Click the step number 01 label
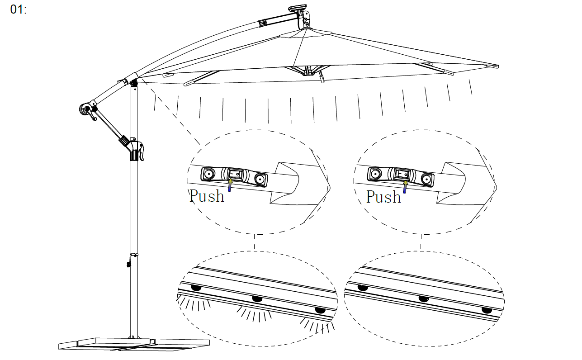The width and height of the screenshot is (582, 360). [18, 9]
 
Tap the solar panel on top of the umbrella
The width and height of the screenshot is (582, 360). [298, 8]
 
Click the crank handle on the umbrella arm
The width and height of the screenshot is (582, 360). [89, 112]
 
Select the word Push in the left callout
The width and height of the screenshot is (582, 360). [207, 196]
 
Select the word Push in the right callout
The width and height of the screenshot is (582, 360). [384, 197]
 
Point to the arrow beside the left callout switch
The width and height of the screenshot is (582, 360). [230, 185]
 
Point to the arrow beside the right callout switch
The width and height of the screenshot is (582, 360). [405, 187]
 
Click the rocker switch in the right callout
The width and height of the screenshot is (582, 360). [402, 174]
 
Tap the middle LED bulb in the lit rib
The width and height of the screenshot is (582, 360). [257, 299]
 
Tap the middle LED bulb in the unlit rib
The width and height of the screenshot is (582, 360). [424, 299]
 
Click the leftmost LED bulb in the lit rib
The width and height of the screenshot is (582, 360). [196, 288]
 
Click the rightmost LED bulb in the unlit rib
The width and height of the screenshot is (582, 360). [487, 310]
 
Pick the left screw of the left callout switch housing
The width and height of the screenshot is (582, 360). [208, 173]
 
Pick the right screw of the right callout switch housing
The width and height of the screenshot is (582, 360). [426, 179]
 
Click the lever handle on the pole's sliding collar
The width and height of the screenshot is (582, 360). [141, 152]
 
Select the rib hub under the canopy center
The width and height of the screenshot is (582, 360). [308, 71]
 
